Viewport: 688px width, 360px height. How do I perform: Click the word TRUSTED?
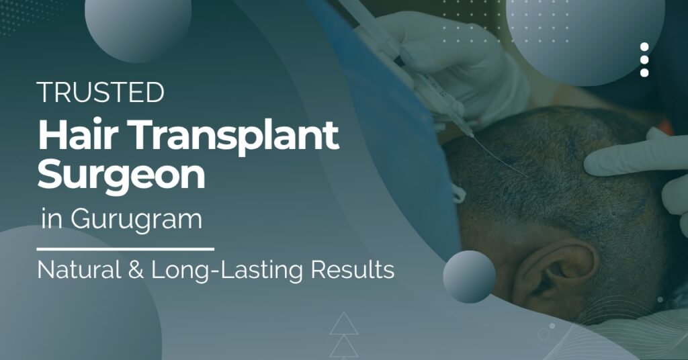point(101,92)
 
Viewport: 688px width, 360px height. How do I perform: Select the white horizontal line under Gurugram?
point(127,249)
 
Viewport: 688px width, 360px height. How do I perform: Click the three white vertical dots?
point(644,60)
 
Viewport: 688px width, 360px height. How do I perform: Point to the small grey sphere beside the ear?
point(469,276)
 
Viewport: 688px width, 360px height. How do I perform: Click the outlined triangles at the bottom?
point(344,334)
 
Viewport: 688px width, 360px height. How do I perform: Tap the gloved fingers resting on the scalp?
point(628,158)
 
